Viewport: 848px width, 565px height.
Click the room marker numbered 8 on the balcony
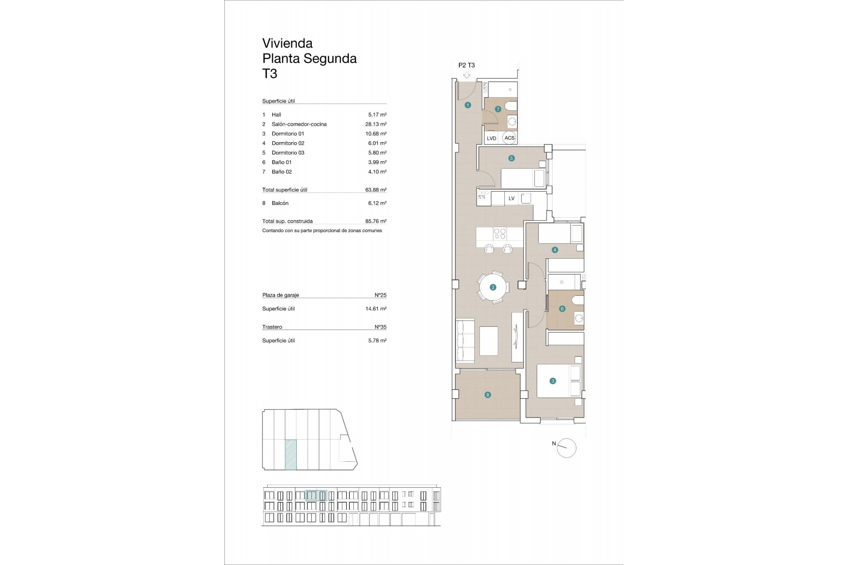[488, 395]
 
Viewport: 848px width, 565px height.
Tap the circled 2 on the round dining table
[493, 287]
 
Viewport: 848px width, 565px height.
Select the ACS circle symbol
[509, 138]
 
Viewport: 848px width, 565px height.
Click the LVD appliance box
[492, 138]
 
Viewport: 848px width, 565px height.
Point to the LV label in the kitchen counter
[511, 199]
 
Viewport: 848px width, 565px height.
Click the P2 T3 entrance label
[466, 65]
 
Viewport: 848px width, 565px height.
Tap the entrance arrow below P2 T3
[467, 75]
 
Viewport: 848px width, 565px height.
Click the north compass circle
[567, 448]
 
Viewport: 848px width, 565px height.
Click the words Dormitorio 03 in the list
[288, 153]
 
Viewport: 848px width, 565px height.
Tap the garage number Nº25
[380, 295]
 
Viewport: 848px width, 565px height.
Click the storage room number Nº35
[380, 327]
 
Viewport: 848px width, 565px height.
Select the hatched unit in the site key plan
[291, 454]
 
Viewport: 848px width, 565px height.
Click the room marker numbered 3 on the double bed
[553, 381]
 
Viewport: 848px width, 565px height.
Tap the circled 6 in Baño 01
[562, 309]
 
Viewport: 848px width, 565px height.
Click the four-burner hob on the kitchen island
[500, 233]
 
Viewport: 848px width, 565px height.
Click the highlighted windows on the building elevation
[316, 496]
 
